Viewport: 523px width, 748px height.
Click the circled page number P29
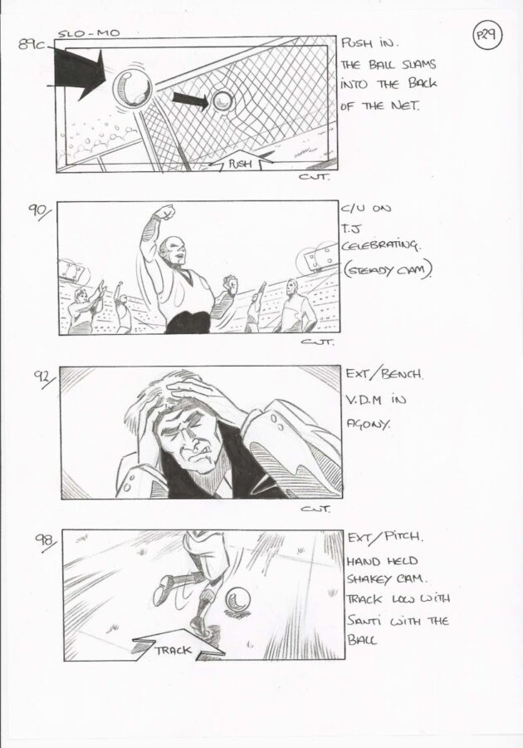[x=486, y=36]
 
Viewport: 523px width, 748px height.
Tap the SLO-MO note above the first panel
[x=89, y=33]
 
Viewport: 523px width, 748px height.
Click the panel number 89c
[x=32, y=44]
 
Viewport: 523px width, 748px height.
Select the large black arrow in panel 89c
[x=79, y=73]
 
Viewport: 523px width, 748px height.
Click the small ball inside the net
[x=222, y=101]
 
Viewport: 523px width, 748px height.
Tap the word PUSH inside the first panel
[x=240, y=164]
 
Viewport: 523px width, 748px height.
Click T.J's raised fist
[x=165, y=212]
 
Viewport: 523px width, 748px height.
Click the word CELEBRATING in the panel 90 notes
[x=380, y=246]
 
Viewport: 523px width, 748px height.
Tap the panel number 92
[x=44, y=378]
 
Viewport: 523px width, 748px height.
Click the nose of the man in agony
[x=192, y=446]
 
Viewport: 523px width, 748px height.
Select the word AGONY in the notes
[x=369, y=424]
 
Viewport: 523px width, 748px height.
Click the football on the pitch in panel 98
[x=237, y=598]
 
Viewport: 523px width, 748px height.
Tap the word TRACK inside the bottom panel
[x=173, y=650]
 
